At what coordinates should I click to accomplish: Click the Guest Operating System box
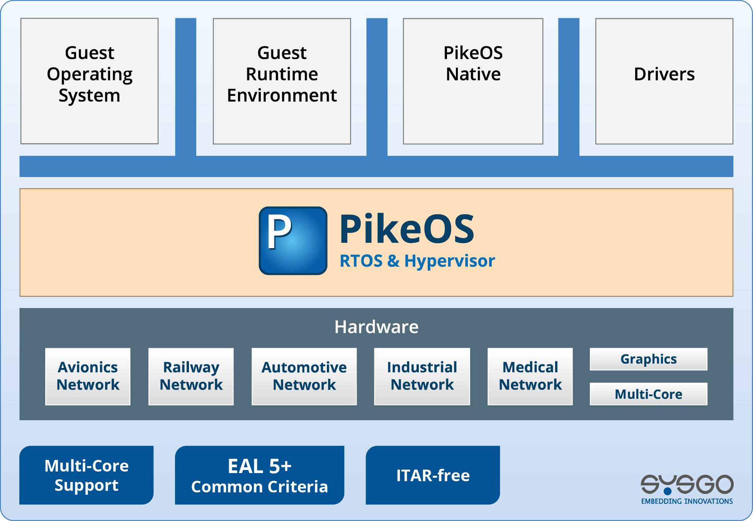click(x=89, y=81)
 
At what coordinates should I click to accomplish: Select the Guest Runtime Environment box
click(x=282, y=81)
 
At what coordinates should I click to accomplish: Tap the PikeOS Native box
click(x=473, y=81)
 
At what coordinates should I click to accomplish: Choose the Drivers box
click(x=664, y=81)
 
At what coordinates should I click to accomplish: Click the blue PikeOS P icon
click(x=293, y=240)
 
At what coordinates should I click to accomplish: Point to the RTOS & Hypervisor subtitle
click(x=417, y=261)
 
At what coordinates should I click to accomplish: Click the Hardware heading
click(x=376, y=327)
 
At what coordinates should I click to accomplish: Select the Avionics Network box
click(x=88, y=376)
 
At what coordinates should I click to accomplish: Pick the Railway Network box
click(x=191, y=376)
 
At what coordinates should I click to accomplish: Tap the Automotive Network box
click(x=304, y=376)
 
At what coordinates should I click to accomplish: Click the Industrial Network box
click(x=422, y=376)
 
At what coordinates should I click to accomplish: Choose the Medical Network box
click(x=530, y=376)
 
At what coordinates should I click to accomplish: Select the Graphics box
click(x=648, y=359)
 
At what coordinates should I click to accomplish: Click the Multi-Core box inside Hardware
click(x=648, y=394)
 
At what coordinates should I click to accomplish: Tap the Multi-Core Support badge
click(x=87, y=475)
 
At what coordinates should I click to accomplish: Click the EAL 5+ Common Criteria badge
click(x=260, y=475)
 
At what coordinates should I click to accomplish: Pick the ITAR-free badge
click(x=433, y=475)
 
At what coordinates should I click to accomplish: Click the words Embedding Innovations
click(x=687, y=501)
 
